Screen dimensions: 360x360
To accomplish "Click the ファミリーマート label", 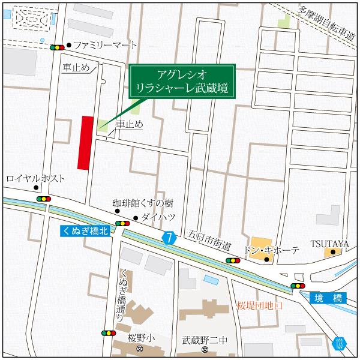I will pyautogui.click(x=105, y=46).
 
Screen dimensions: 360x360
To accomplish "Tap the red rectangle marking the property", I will pyautogui.click(x=86, y=143).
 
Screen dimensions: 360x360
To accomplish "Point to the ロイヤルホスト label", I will pyautogui.click(x=35, y=179).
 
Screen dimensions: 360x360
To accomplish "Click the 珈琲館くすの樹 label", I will pyautogui.click(x=143, y=203).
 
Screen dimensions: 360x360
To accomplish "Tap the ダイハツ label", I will pyautogui.click(x=158, y=217).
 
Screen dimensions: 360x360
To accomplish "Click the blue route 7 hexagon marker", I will pyautogui.click(x=169, y=238).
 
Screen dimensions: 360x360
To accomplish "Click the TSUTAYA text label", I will pyautogui.click(x=329, y=243).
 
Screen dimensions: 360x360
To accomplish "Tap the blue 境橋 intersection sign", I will pyautogui.click(x=328, y=297).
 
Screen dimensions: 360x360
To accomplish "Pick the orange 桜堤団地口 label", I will pyautogui.click(x=259, y=305).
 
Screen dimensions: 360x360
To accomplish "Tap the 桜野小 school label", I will pyautogui.click(x=141, y=338).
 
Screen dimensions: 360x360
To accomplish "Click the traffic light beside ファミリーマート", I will pyautogui.click(x=58, y=47).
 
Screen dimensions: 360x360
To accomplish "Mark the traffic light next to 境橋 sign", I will pyautogui.click(x=297, y=286).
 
